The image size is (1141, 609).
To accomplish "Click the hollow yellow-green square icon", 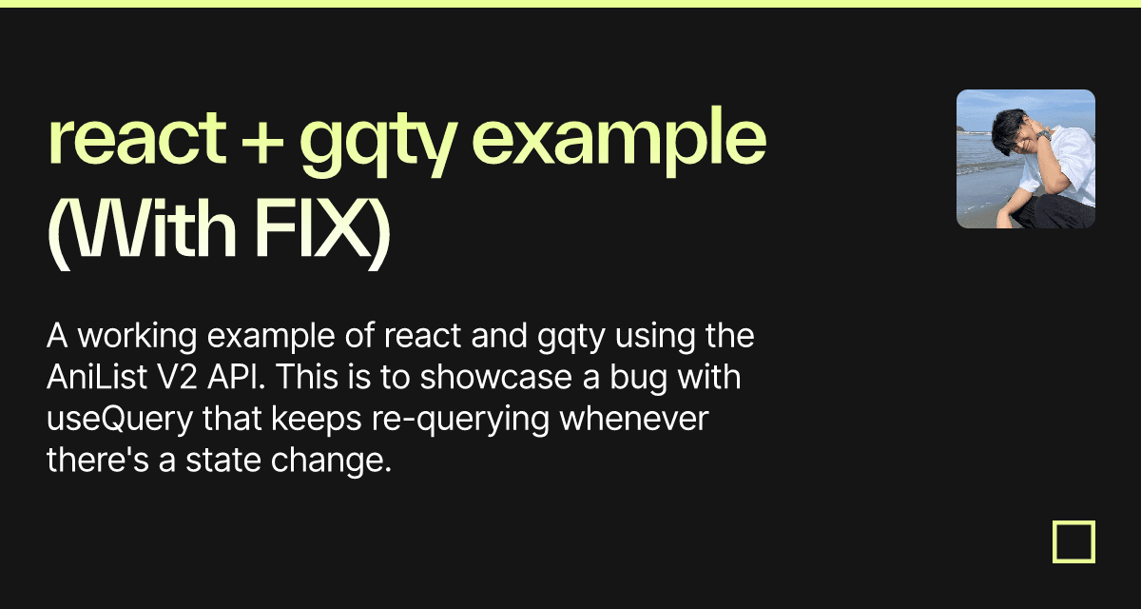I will pyautogui.click(x=1073, y=541).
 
